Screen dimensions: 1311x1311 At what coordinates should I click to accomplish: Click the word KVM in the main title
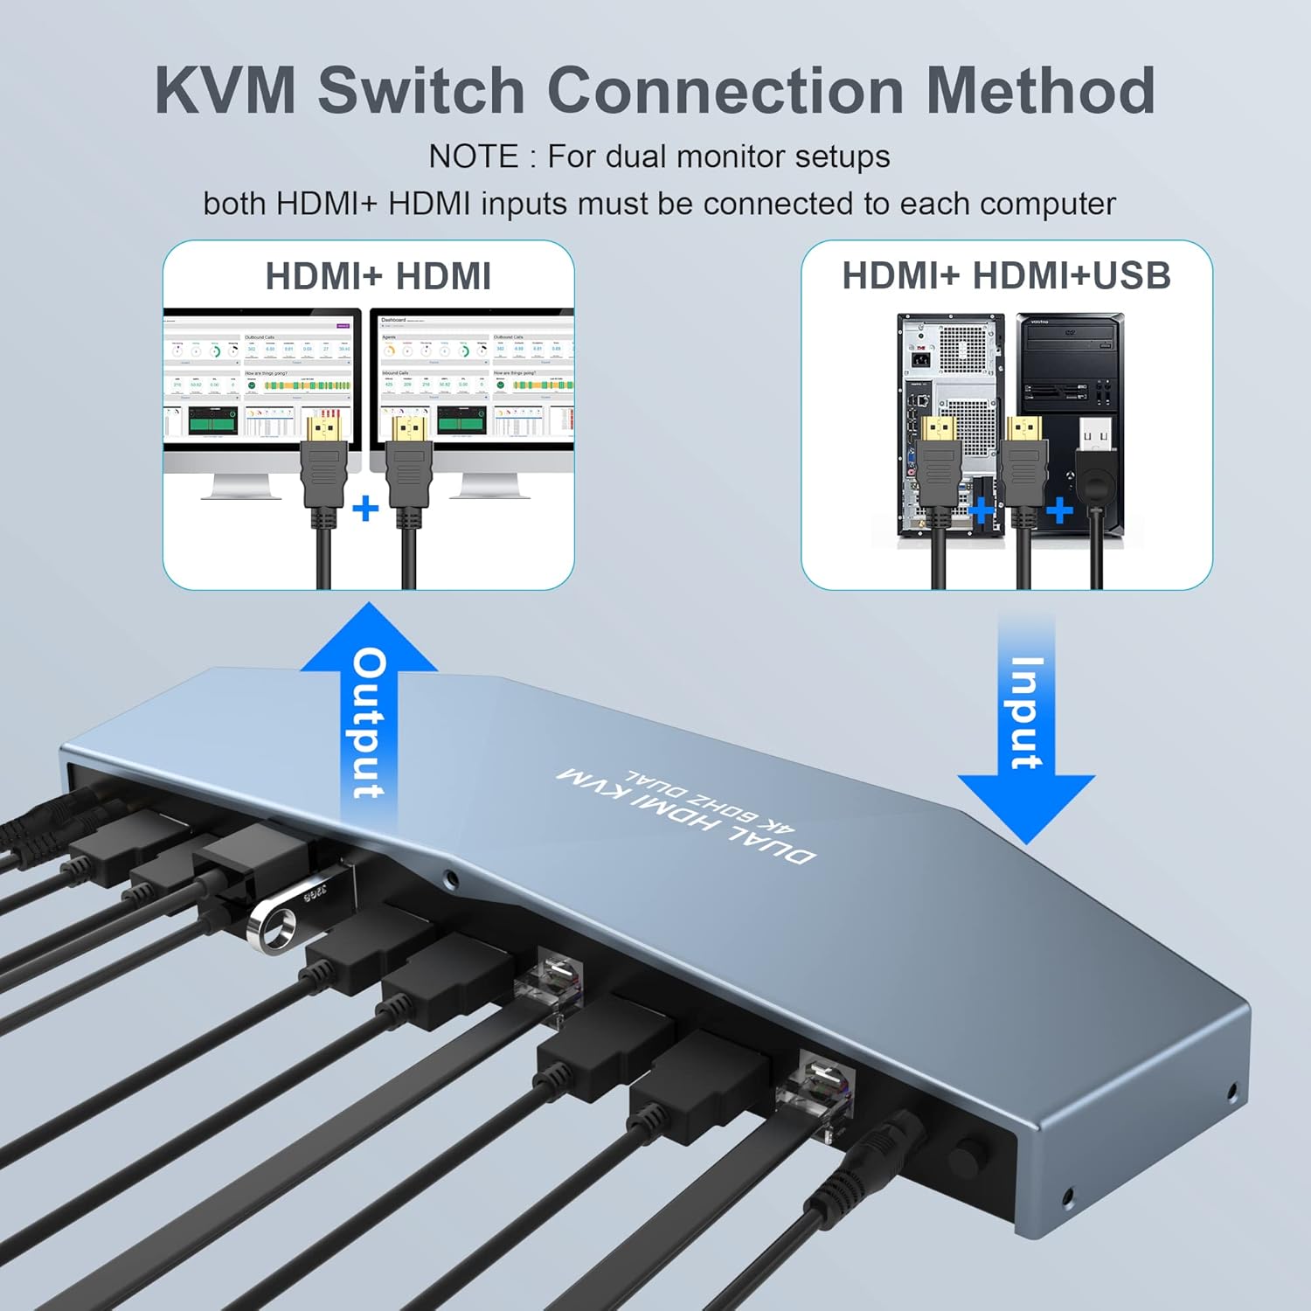click(x=225, y=90)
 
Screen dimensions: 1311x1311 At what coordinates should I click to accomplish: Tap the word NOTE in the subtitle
click(x=473, y=157)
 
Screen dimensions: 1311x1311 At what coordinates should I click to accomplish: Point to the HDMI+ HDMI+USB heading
click(x=1006, y=276)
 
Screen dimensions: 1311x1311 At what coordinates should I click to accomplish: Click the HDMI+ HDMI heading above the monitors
click(x=378, y=276)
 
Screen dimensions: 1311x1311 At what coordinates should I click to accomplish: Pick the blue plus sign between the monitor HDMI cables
click(x=365, y=508)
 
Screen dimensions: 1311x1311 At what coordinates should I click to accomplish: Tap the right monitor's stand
click(x=489, y=485)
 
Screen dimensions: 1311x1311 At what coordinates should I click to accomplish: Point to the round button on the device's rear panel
click(x=965, y=1159)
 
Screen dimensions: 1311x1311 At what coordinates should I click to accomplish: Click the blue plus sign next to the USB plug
click(x=1059, y=509)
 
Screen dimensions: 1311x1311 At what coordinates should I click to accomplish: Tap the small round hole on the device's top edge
click(x=450, y=878)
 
